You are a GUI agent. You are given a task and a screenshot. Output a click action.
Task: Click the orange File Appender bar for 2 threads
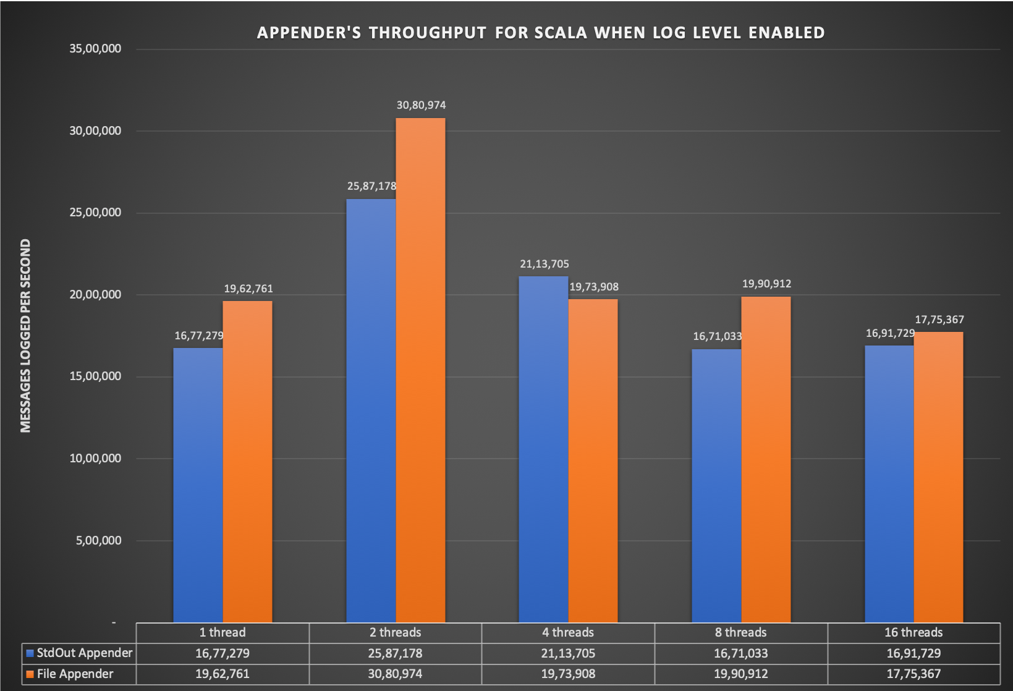[x=420, y=371]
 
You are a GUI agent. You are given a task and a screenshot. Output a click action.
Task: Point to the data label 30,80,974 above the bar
[x=421, y=105]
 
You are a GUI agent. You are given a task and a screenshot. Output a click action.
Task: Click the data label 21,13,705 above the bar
[x=544, y=264]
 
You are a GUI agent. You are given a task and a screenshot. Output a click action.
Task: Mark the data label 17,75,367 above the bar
[x=939, y=320]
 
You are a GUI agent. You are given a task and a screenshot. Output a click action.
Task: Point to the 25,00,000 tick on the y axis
[x=95, y=213]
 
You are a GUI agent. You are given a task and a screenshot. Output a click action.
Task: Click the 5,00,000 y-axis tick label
[x=99, y=541]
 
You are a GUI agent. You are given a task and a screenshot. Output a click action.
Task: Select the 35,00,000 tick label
[x=95, y=49]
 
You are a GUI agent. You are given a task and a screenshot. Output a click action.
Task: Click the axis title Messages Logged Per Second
[x=25, y=336]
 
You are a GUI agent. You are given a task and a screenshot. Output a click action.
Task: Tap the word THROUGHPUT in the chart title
[x=427, y=33]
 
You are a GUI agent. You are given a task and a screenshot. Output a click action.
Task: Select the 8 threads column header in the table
[x=740, y=632]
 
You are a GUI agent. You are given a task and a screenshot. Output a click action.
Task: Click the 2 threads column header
[x=395, y=632]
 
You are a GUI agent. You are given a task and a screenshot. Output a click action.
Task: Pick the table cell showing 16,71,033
[x=740, y=653]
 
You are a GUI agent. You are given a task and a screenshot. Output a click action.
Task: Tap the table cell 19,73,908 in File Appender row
[x=568, y=674]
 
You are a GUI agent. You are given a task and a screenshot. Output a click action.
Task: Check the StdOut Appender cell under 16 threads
[x=913, y=653]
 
